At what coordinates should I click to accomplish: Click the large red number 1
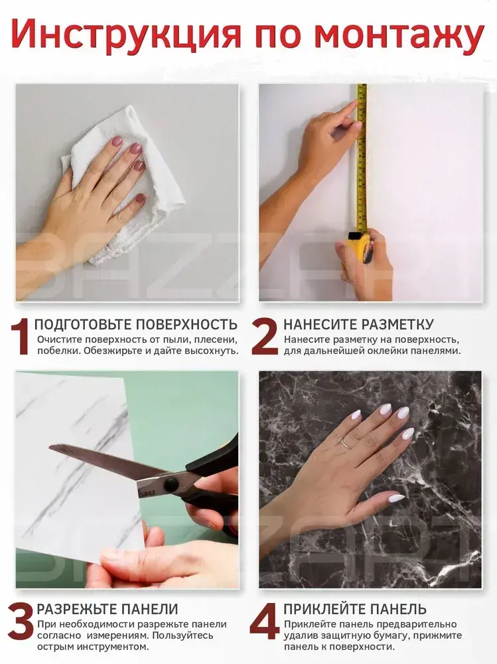21,337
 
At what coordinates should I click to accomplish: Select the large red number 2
264,337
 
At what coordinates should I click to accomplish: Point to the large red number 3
21,622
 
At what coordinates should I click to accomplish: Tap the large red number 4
265,622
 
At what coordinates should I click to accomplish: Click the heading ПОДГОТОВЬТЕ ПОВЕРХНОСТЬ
136,325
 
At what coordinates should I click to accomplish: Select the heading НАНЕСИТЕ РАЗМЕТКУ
358,325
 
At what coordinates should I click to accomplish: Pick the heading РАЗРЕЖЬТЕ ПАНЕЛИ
107,609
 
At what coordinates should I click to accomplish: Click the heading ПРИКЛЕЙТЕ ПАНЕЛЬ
355,609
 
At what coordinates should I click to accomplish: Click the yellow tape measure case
358,248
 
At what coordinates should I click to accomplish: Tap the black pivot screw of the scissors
171,483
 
